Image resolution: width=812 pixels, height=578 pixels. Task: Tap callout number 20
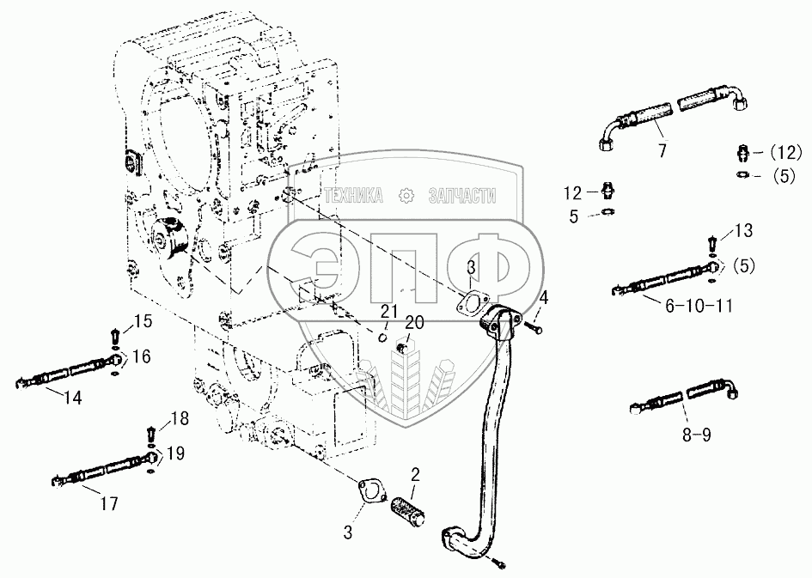415,323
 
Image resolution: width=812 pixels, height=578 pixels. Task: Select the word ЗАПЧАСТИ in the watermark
461,197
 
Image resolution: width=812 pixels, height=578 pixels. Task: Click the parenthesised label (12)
783,153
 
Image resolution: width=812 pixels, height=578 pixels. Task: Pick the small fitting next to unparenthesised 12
607,190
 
